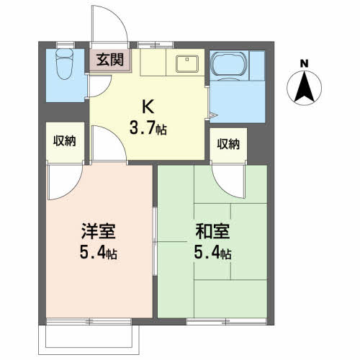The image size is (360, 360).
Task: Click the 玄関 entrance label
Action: (x=110, y=60)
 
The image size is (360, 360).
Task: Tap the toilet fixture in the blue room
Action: (x=64, y=64)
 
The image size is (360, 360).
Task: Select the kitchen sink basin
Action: (x=187, y=63)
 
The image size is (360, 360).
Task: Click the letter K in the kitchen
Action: (x=148, y=107)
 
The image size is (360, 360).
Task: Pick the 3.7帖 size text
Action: (x=148, y=127)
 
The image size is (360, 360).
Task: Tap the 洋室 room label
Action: (x=99, y=231)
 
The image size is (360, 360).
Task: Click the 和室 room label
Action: (x=212, y=231)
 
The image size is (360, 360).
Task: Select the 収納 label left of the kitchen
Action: (x=65, y=140)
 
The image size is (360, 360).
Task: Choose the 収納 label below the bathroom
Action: (x=228, y=144)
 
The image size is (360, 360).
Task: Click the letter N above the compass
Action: (x=305, y=63)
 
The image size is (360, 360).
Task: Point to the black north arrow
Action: (x=305, y=86)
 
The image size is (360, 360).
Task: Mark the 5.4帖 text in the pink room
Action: (x=99, y=253)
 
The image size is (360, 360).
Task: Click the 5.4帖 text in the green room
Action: (x=212, y=253)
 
